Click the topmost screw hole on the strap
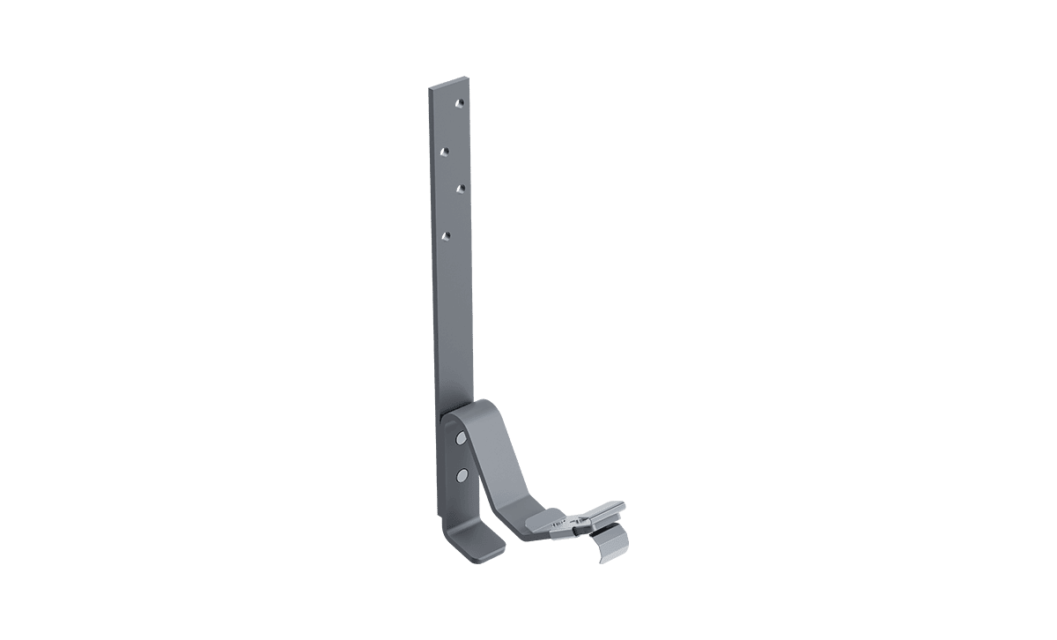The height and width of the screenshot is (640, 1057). [459, 104]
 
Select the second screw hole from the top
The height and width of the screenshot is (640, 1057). [445, 152]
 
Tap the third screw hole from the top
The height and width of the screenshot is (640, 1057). [460, 188]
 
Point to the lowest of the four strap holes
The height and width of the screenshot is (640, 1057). [446, 234]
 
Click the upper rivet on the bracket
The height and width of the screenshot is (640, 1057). [460, 437]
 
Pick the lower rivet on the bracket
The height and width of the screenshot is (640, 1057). [461, 475]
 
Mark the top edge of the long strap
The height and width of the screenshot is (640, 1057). [449, 85]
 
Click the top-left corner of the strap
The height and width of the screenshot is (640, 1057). [431, 89]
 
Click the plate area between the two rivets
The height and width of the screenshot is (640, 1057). [460, 457]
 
